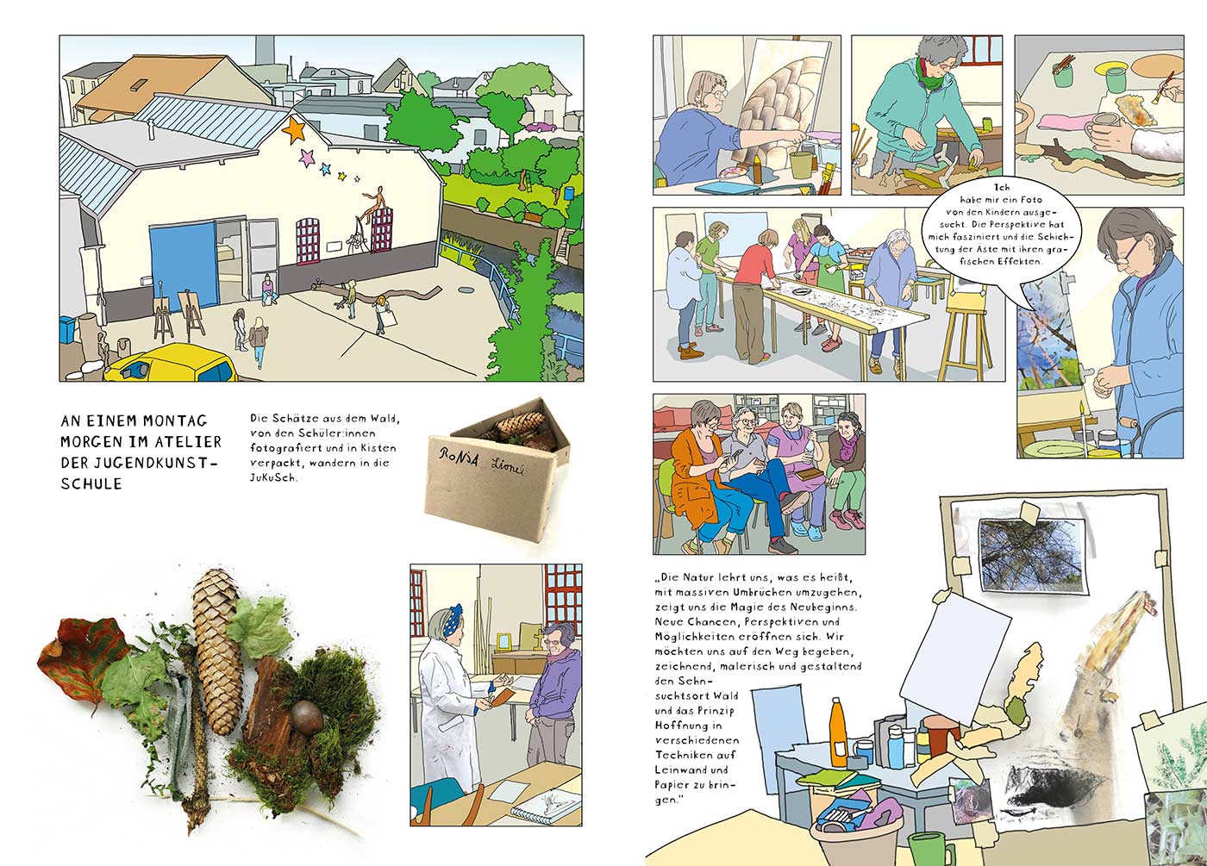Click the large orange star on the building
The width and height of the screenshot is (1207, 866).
point(294,129)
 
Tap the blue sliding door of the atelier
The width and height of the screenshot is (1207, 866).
point(183,265)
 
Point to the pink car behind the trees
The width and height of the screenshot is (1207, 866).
point(541,127)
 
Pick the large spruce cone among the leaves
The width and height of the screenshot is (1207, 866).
point(217,651)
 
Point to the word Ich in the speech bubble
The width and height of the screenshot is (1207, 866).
point(1002,188)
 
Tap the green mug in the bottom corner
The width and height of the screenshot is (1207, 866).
point(928,850)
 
